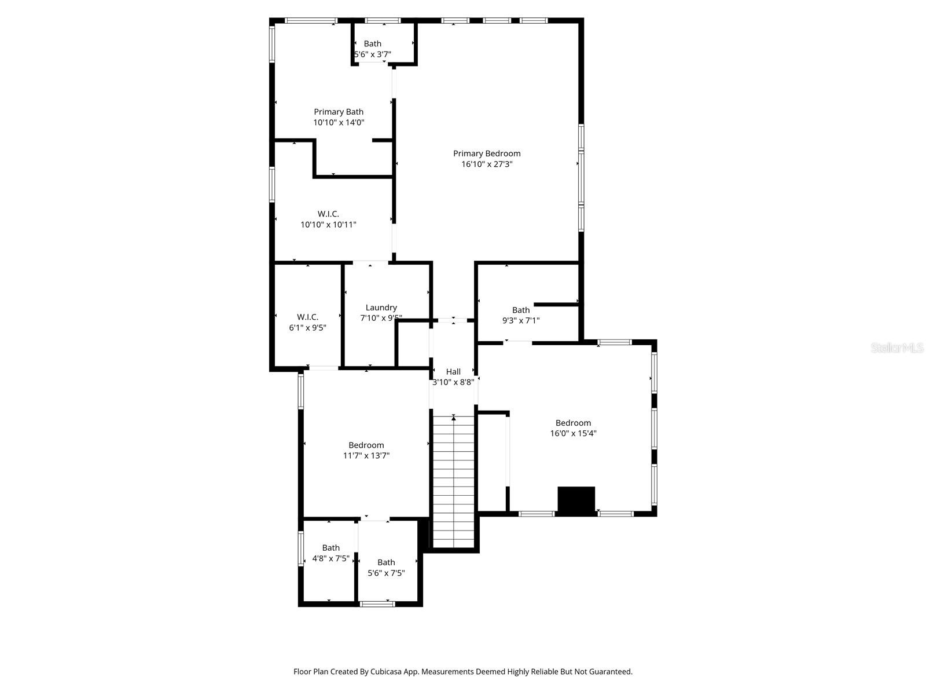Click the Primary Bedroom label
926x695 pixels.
point(486,153)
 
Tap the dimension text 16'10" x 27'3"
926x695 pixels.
point(486,164)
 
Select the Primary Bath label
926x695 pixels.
point(339,112)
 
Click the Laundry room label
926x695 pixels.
point(381,308)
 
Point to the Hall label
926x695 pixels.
point(453,372)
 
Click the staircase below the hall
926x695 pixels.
point(454,481)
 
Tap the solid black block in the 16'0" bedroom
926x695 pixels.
point(576,500)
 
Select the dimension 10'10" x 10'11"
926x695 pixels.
point(328,225)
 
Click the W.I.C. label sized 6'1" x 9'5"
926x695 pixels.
point(307,317)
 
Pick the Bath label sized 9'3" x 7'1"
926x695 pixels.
point(521,310)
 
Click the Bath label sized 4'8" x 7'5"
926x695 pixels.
point(330,548)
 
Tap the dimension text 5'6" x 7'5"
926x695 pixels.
point(386,573)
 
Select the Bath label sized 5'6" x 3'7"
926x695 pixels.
point(372,43)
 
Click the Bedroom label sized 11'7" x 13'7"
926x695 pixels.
point(366,445)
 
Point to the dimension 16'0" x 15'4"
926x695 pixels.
point(573,433)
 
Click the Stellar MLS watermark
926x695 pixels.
point(897,348)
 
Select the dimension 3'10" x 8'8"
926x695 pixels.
point(453,382)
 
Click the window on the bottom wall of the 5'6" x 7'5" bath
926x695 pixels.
point(377,604)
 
